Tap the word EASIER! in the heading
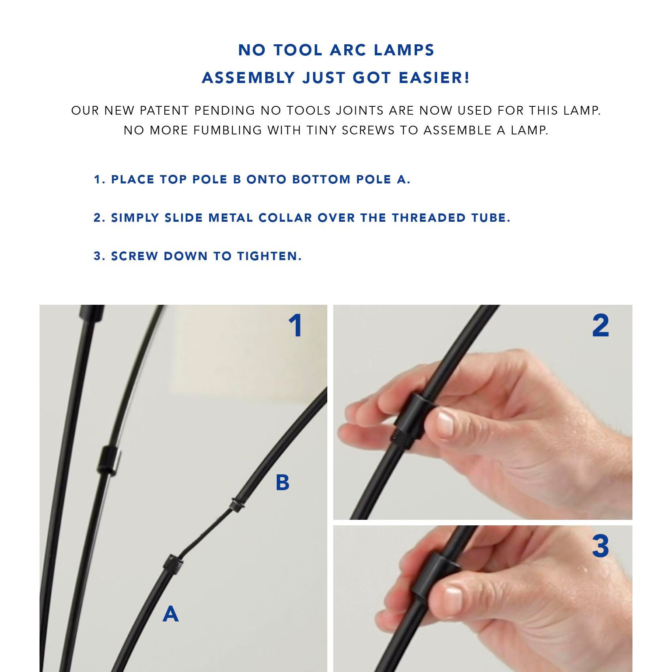[434, 78]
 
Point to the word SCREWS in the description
[368, 130]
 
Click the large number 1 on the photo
[295, 326]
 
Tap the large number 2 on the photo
[600, 326]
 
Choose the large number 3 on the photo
[600, 546]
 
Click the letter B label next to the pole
[282, 483]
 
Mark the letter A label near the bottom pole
[170, 614]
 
